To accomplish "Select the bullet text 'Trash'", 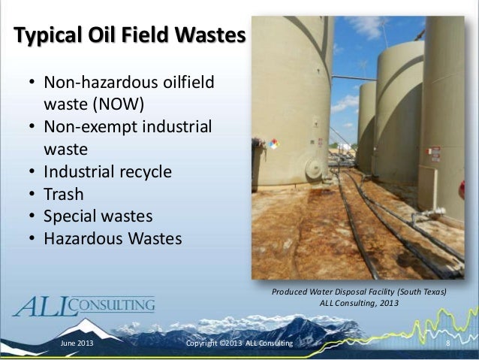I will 64,194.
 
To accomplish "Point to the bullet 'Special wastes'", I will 98,216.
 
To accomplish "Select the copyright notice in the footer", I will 239,343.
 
